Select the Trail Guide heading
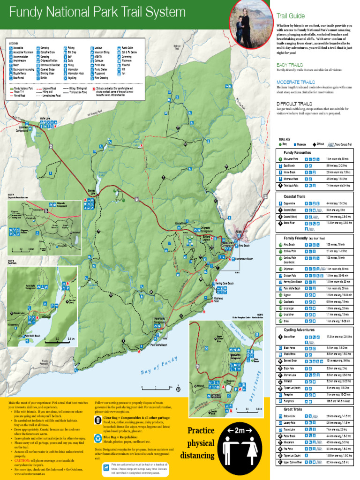click(x=290, y=16)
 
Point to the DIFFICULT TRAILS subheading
click(x=294, y=104)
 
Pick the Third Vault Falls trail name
click(x=292, y=186)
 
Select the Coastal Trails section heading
click(x=294, y=196)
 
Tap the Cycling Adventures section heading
click(x=299, y=330)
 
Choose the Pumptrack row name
click(x=289, y=401)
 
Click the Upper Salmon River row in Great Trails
click(x=293, y=462)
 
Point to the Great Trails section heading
click(x=293, y=409)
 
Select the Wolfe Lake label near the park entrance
click(x=45, y=118)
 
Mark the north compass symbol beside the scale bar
click(x=178, y=389)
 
